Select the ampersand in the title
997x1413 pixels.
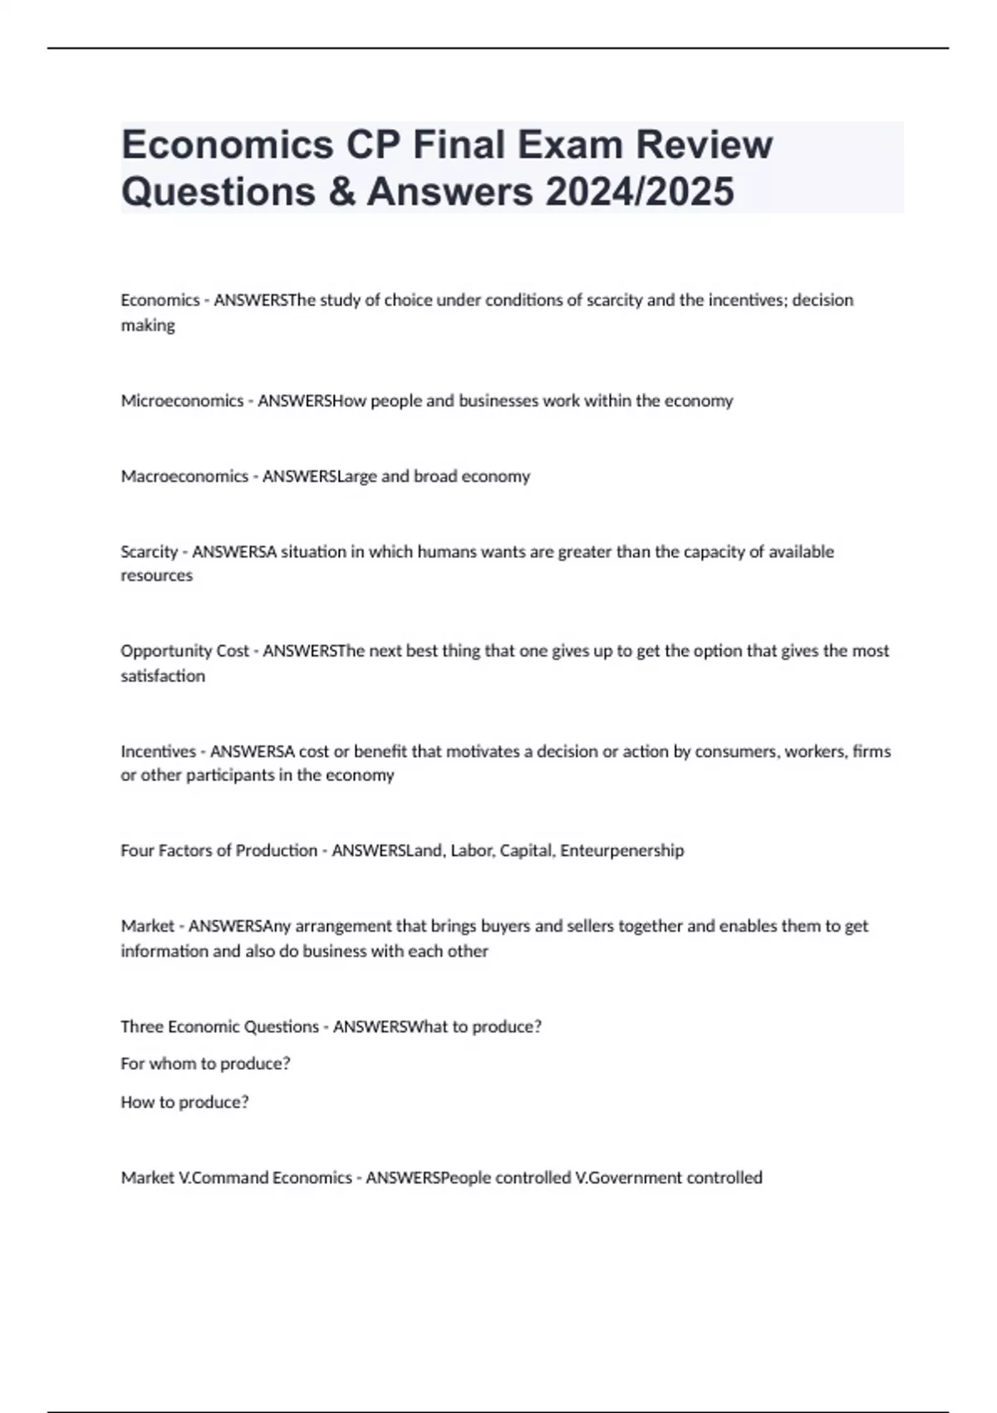coord(341,191)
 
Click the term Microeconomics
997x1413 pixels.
coord(182,401)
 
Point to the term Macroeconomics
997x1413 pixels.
coord(184,476)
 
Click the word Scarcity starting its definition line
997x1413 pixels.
coord(150,552)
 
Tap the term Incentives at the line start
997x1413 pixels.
coord(158,751)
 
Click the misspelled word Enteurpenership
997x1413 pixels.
coord(622,850)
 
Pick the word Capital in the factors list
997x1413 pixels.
coord(526,850)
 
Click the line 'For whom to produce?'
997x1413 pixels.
coord(205,1064)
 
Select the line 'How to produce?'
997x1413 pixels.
coord(184,1102)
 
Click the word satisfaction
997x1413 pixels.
coord(163,676)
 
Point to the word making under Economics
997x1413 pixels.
coord(148,326)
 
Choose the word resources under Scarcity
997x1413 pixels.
coord(156,575)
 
